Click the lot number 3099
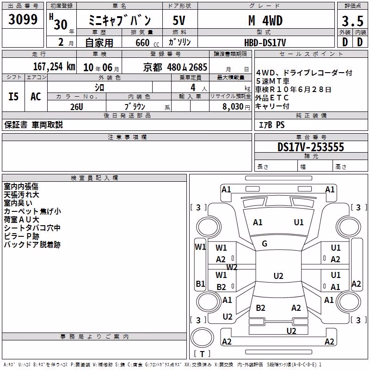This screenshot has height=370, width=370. click(23, 19)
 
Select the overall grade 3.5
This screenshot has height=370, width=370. click(352, 21)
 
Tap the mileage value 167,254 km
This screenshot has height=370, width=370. click(54, 67)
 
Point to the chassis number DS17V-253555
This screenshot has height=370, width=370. click(311, 147)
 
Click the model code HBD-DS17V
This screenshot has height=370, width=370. click(265, 43)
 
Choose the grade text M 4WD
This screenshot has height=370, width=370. click(265, 20)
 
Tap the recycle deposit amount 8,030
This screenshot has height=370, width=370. click(233, 106)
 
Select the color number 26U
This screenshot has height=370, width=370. click(77, 107)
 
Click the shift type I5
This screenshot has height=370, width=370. click(13, 97)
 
